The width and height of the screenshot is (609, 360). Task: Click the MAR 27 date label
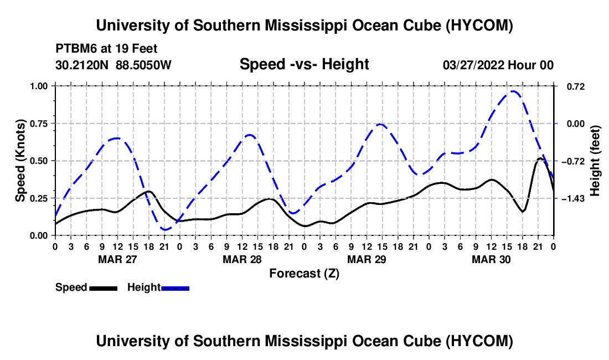pos(118,259)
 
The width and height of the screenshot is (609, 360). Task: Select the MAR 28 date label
pos(242,259)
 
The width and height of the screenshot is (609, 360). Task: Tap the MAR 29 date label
pos(367,259)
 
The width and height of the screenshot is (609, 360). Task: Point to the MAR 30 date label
pos(491,259)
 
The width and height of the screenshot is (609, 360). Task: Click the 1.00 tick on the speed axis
pos(38,86)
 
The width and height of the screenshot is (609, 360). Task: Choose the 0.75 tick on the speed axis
pos(38,124)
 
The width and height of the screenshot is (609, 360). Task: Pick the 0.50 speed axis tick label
pos(38,161)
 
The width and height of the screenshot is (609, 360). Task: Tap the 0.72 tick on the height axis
pos(576,86)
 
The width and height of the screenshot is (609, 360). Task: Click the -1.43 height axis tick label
pos(573,198)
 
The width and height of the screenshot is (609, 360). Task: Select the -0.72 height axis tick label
pos(573,161)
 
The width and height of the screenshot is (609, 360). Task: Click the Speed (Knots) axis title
pos(20,161)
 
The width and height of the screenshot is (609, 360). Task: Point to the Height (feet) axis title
pos(595,161)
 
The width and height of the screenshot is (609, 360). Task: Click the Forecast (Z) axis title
pos(304,274)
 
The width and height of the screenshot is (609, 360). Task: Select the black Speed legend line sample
pos(104,288)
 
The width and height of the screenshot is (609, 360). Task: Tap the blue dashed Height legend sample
pos(175,288)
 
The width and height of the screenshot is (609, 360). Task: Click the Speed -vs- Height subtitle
pos(304,64)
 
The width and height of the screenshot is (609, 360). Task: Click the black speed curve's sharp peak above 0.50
pos(540,158)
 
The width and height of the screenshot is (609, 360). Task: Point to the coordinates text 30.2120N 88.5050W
pos(113,65)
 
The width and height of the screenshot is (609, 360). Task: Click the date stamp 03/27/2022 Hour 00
pos(498,65)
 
